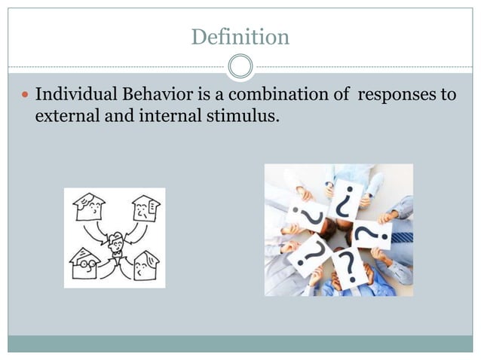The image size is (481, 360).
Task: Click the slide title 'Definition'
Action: (240, 36)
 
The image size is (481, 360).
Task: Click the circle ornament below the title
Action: (240, 66)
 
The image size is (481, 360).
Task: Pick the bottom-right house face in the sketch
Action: (143, 264)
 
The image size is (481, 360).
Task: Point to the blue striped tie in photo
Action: (403, 236)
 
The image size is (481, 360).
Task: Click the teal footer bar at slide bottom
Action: (240, 343)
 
